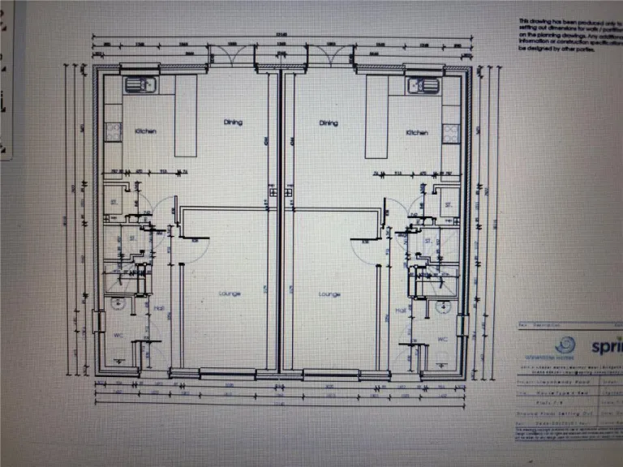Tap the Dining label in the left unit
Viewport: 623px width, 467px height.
pyautogui.click(x=234, y=122)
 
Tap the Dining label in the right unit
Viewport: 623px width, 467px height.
pyautogui.click(x=329, y=123)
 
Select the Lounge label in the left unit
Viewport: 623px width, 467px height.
pyautogui.click(x=229, y=293)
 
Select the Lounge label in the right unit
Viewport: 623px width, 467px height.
pyautogui.click(x=329, y=293)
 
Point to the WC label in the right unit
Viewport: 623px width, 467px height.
pyautogui.click(x=443, y=338)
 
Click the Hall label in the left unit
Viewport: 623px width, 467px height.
pyautogui.click(x=159, y=310)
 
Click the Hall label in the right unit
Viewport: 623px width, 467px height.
pyautogui.click(x=400, y=310)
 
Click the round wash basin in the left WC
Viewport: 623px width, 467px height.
pyautogui.click(x=117, y=306)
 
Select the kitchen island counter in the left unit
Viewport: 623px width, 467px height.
pyautogui.click(x=186, y=116)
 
